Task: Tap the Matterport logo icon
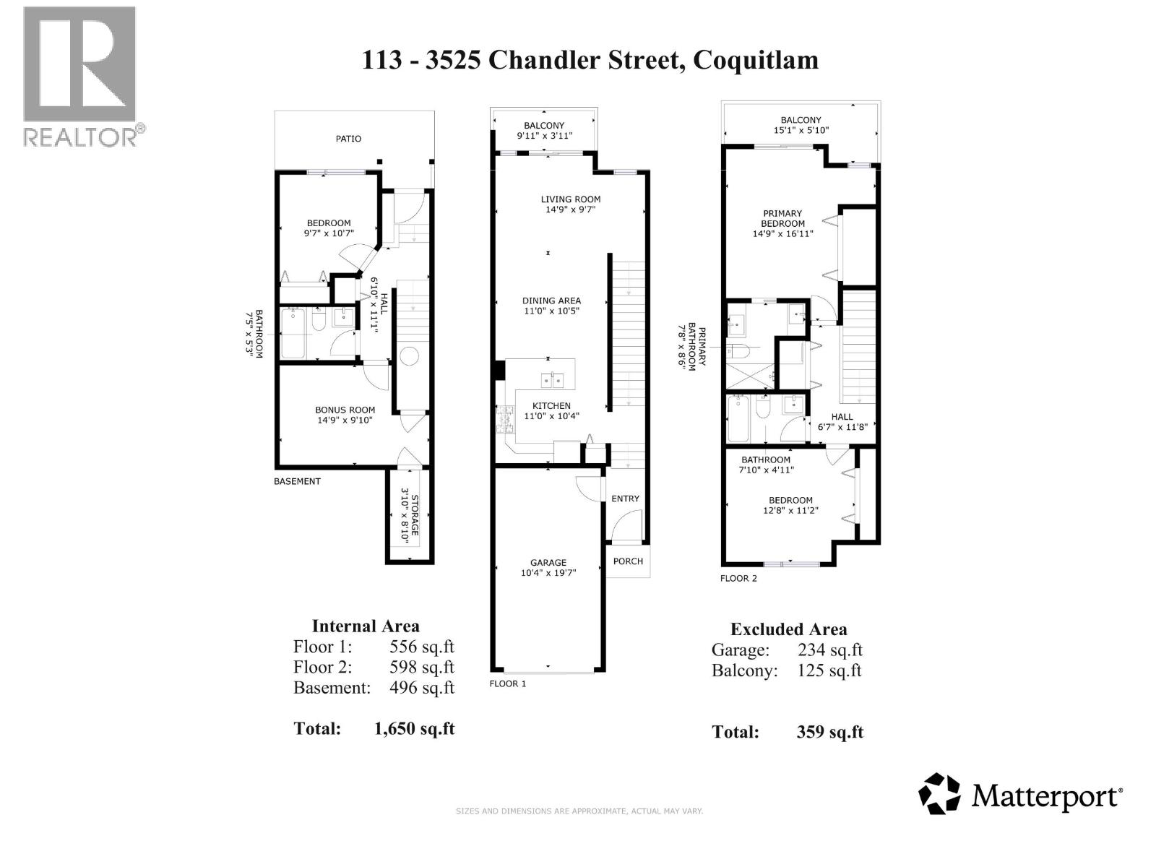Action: tap(939, 793)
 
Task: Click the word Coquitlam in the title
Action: tap(756, 60)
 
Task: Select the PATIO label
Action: tap(348, 139)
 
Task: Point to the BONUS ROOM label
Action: tap(345, 410)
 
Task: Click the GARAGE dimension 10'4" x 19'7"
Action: tap(548, 573)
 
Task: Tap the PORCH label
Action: tap(628, 561)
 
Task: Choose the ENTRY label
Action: tap(625, 499)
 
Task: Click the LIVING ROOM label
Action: tap(570, 199)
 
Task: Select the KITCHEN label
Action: tap(551, 406)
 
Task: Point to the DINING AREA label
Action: tap(551, 301)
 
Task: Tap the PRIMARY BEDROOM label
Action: tap(782, 218)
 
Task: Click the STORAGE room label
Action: tap(415, 515)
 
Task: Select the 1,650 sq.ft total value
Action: tap(414, 728)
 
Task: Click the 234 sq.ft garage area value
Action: tap(830, 650)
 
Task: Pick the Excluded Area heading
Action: tap(788, 629)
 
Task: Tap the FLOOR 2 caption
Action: tap(738, 579)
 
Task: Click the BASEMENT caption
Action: tap(297, 481)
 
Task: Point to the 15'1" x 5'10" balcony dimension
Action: tap(801, 130)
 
